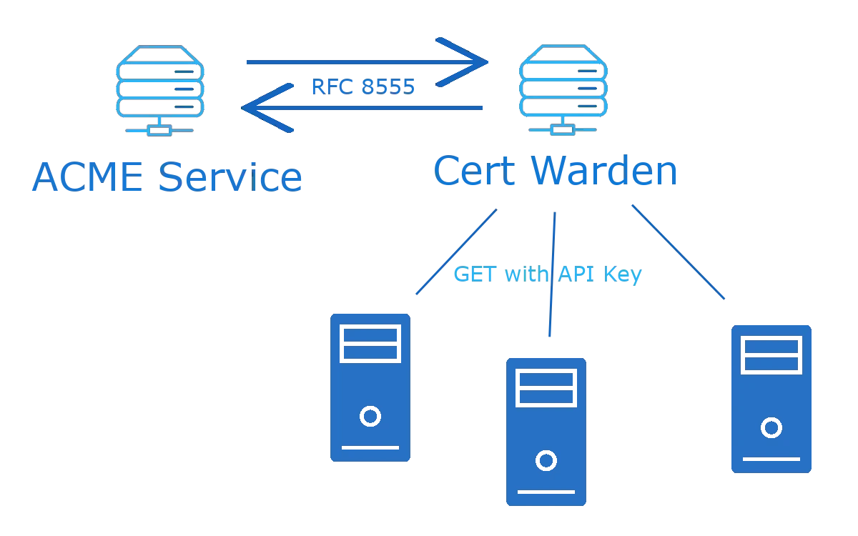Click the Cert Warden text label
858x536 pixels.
pyautogui.click(x=556, y=172)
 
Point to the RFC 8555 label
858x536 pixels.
pyautogui.click(x=363, y=86)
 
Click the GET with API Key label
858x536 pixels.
pyautogui.click(x=547, y=275)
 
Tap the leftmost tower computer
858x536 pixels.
pyautogui.click(x=369, y=386)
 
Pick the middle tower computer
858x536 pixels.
pyautogui.click(x=546, y=431)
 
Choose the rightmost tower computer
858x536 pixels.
pyautogui.click(x=770, y=397)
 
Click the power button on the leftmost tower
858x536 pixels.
pyautogui.click(x=370, y=416)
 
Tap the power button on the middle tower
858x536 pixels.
pyautogui.click(x=546, y=461)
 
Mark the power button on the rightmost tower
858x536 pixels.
pyautogui.click(x=770, y=428)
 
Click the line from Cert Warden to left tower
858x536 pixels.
pyautogui.click(x=455, y=252)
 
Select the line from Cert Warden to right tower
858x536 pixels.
pyautogui.click(x=678, y=252)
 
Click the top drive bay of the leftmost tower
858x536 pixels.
pyautogui.click(x=370, y=334)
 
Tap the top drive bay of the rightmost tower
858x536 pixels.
pyautogui.click(x=770, y=346)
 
